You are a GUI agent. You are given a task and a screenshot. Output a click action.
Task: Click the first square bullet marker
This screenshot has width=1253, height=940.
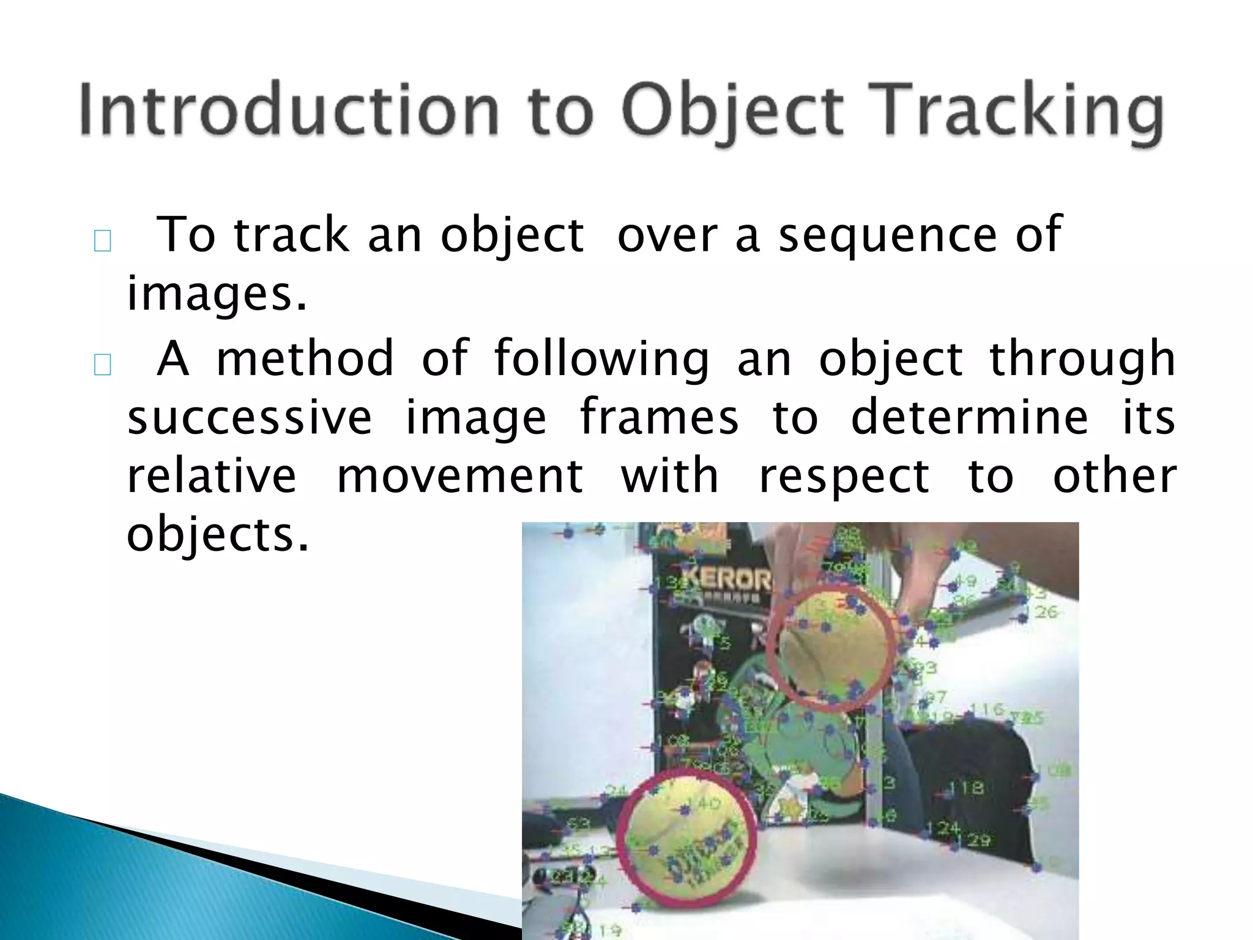[x=102, y=241]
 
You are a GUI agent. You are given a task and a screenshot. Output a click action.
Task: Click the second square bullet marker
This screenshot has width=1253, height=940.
[x=102, y=365]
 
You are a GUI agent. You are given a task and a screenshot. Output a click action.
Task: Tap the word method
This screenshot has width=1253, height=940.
[x=305, y=359]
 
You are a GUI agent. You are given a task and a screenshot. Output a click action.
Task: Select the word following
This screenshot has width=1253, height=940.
[x=602, y=359]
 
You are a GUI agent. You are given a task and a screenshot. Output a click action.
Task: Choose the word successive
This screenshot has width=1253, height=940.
[x=250, y=417]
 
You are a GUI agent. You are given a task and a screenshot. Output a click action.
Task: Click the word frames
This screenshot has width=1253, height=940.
[x=659, y=417]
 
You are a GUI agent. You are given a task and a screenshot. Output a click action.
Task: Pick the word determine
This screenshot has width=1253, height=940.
[x=970, y=417]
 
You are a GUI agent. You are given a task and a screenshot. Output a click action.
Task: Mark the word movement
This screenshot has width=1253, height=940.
[x=460, y=476]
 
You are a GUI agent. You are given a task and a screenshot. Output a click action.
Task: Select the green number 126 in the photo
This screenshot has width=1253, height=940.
[x=1045, y=611]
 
